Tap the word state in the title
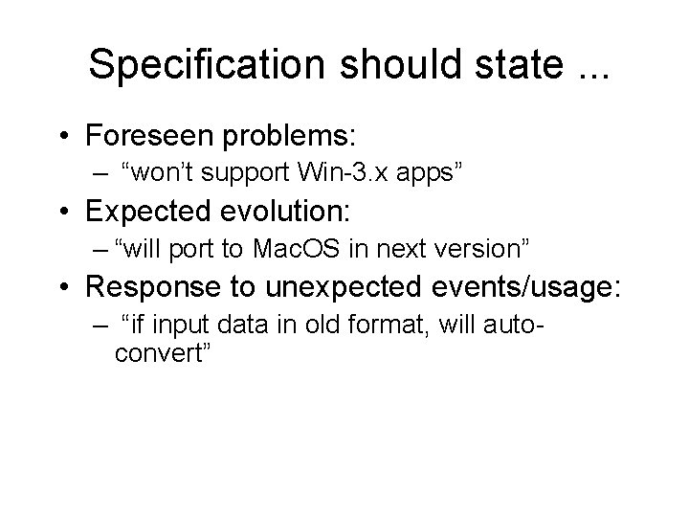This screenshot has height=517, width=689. click(503, 65)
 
